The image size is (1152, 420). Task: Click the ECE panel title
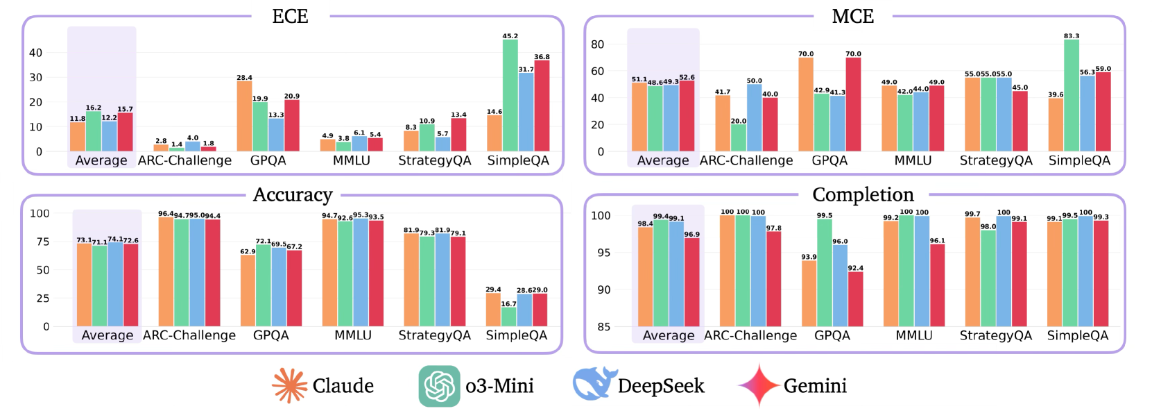[x=290, y=17]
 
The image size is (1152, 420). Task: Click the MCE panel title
[x=852, y=17]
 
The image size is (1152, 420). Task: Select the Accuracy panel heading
[x=293, y=195]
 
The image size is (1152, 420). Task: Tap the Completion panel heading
[x=863, y=195]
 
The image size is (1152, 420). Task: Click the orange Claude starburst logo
[x=289, y=385]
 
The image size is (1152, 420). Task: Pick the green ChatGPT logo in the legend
[x=440, y=386]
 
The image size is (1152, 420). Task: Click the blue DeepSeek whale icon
[x=594, y=385]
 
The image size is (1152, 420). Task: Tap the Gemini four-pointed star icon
[x=758, y=385]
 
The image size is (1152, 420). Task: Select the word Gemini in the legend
[x=815, y=386]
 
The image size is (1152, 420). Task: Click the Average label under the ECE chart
[x=101, y=160]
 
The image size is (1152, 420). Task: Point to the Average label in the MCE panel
[x=663, y=160]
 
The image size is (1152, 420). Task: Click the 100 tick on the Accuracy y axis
[x=40, y=214]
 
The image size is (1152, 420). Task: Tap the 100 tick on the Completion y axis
[x=601, y=216]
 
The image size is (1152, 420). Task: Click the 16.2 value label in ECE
[x=94, y=108]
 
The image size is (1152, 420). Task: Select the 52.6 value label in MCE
[x=687, y=78]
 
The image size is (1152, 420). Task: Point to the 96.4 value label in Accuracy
[x=166, y=214]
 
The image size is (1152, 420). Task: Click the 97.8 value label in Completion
[x=774, y=228]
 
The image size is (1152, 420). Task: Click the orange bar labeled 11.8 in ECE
[x=78, y=137]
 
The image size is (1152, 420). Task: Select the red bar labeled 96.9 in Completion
[x=691, y=282]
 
